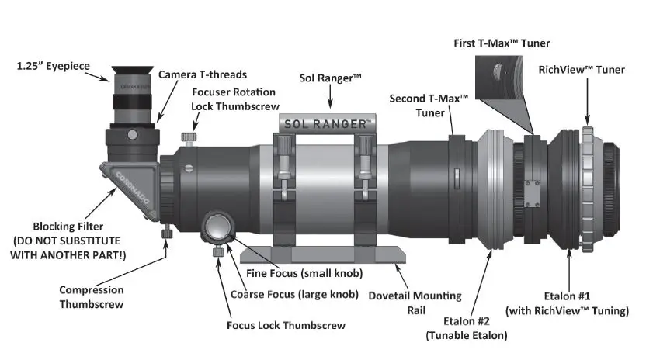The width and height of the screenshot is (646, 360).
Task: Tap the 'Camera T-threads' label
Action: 203,74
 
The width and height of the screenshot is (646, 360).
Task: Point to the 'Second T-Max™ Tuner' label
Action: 429,105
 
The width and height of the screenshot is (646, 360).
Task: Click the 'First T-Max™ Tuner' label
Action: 502,43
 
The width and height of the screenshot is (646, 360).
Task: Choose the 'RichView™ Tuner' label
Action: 582,70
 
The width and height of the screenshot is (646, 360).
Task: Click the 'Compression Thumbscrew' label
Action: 91,297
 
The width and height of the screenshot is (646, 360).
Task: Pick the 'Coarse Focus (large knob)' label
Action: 294,294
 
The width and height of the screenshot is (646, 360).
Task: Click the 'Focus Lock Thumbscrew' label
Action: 286,325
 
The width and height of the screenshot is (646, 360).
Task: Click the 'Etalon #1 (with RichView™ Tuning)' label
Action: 566,304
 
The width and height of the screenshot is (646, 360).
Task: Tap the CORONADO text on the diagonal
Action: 129,179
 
